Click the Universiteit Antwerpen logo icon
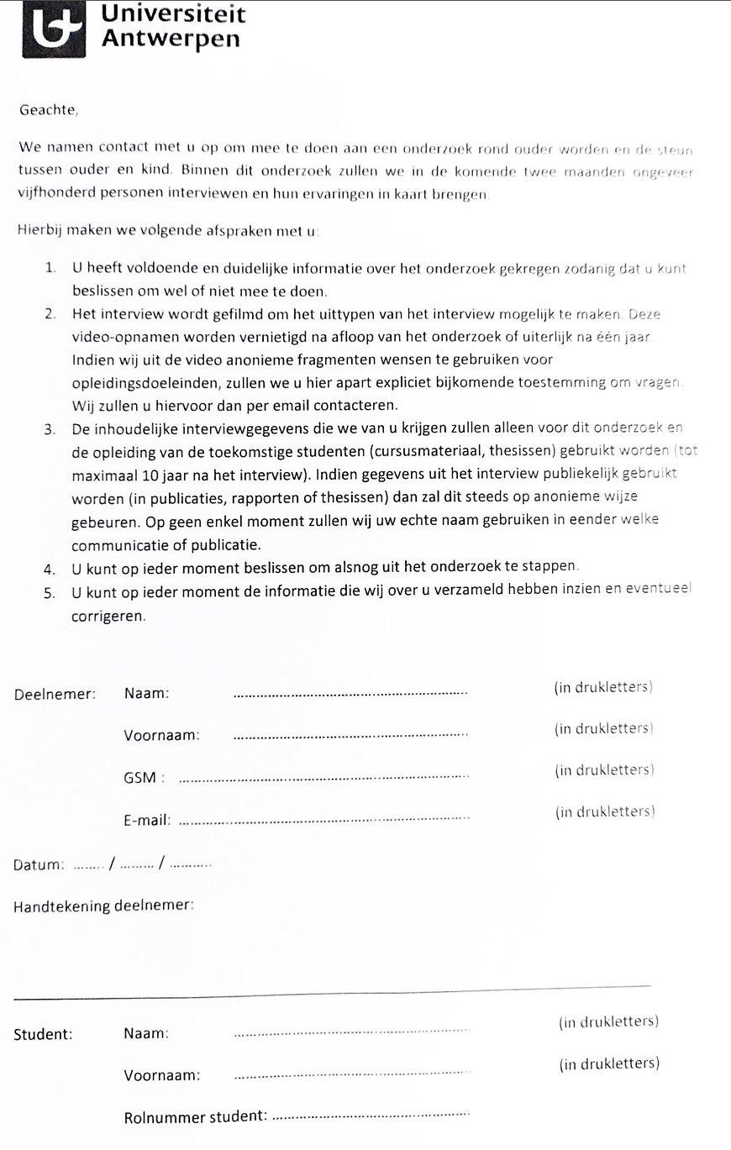[53, 29]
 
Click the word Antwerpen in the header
[170, 39]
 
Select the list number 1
[51, 270]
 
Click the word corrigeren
[108, 615]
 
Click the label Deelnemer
[55, 694]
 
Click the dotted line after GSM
[324, 778]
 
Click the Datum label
[39, 865]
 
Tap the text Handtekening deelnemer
[105, 906]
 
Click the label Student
[43, 1034]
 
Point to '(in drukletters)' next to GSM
[604, 769]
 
